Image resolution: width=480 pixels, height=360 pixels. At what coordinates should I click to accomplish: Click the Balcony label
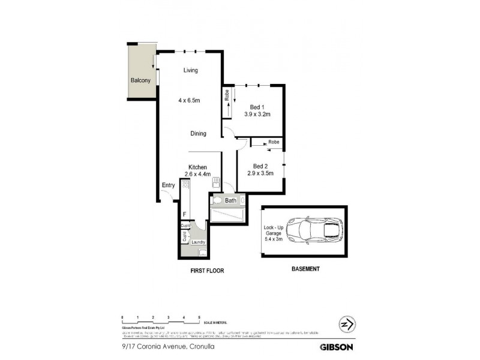tap(140, 80)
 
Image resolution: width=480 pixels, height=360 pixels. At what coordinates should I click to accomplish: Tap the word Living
tap(191, 71)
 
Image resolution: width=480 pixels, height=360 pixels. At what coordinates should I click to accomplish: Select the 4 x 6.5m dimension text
tap(191, 100)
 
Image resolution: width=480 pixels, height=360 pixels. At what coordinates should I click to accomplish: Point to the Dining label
tap(199, 134)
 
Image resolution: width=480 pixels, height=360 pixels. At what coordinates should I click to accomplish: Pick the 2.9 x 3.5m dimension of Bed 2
tap(260, 173)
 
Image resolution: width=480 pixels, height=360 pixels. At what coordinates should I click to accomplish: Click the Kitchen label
tap(197, 167)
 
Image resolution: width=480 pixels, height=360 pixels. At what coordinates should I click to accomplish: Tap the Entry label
tap(168, 185)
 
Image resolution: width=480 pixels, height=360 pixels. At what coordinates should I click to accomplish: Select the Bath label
tap(231, 200)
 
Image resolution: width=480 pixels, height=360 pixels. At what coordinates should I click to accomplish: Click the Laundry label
tap(198, 242)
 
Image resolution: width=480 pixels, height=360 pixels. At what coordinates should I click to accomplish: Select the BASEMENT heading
tap(305, 269)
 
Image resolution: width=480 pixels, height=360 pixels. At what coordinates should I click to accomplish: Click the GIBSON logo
tap(336, 346)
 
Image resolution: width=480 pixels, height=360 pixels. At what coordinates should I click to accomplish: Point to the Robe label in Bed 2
tap(274, 142)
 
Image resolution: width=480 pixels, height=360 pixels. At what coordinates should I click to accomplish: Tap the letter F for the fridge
tap(185, 214)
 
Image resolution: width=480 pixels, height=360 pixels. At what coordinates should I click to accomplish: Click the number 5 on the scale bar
tap(199, 316)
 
